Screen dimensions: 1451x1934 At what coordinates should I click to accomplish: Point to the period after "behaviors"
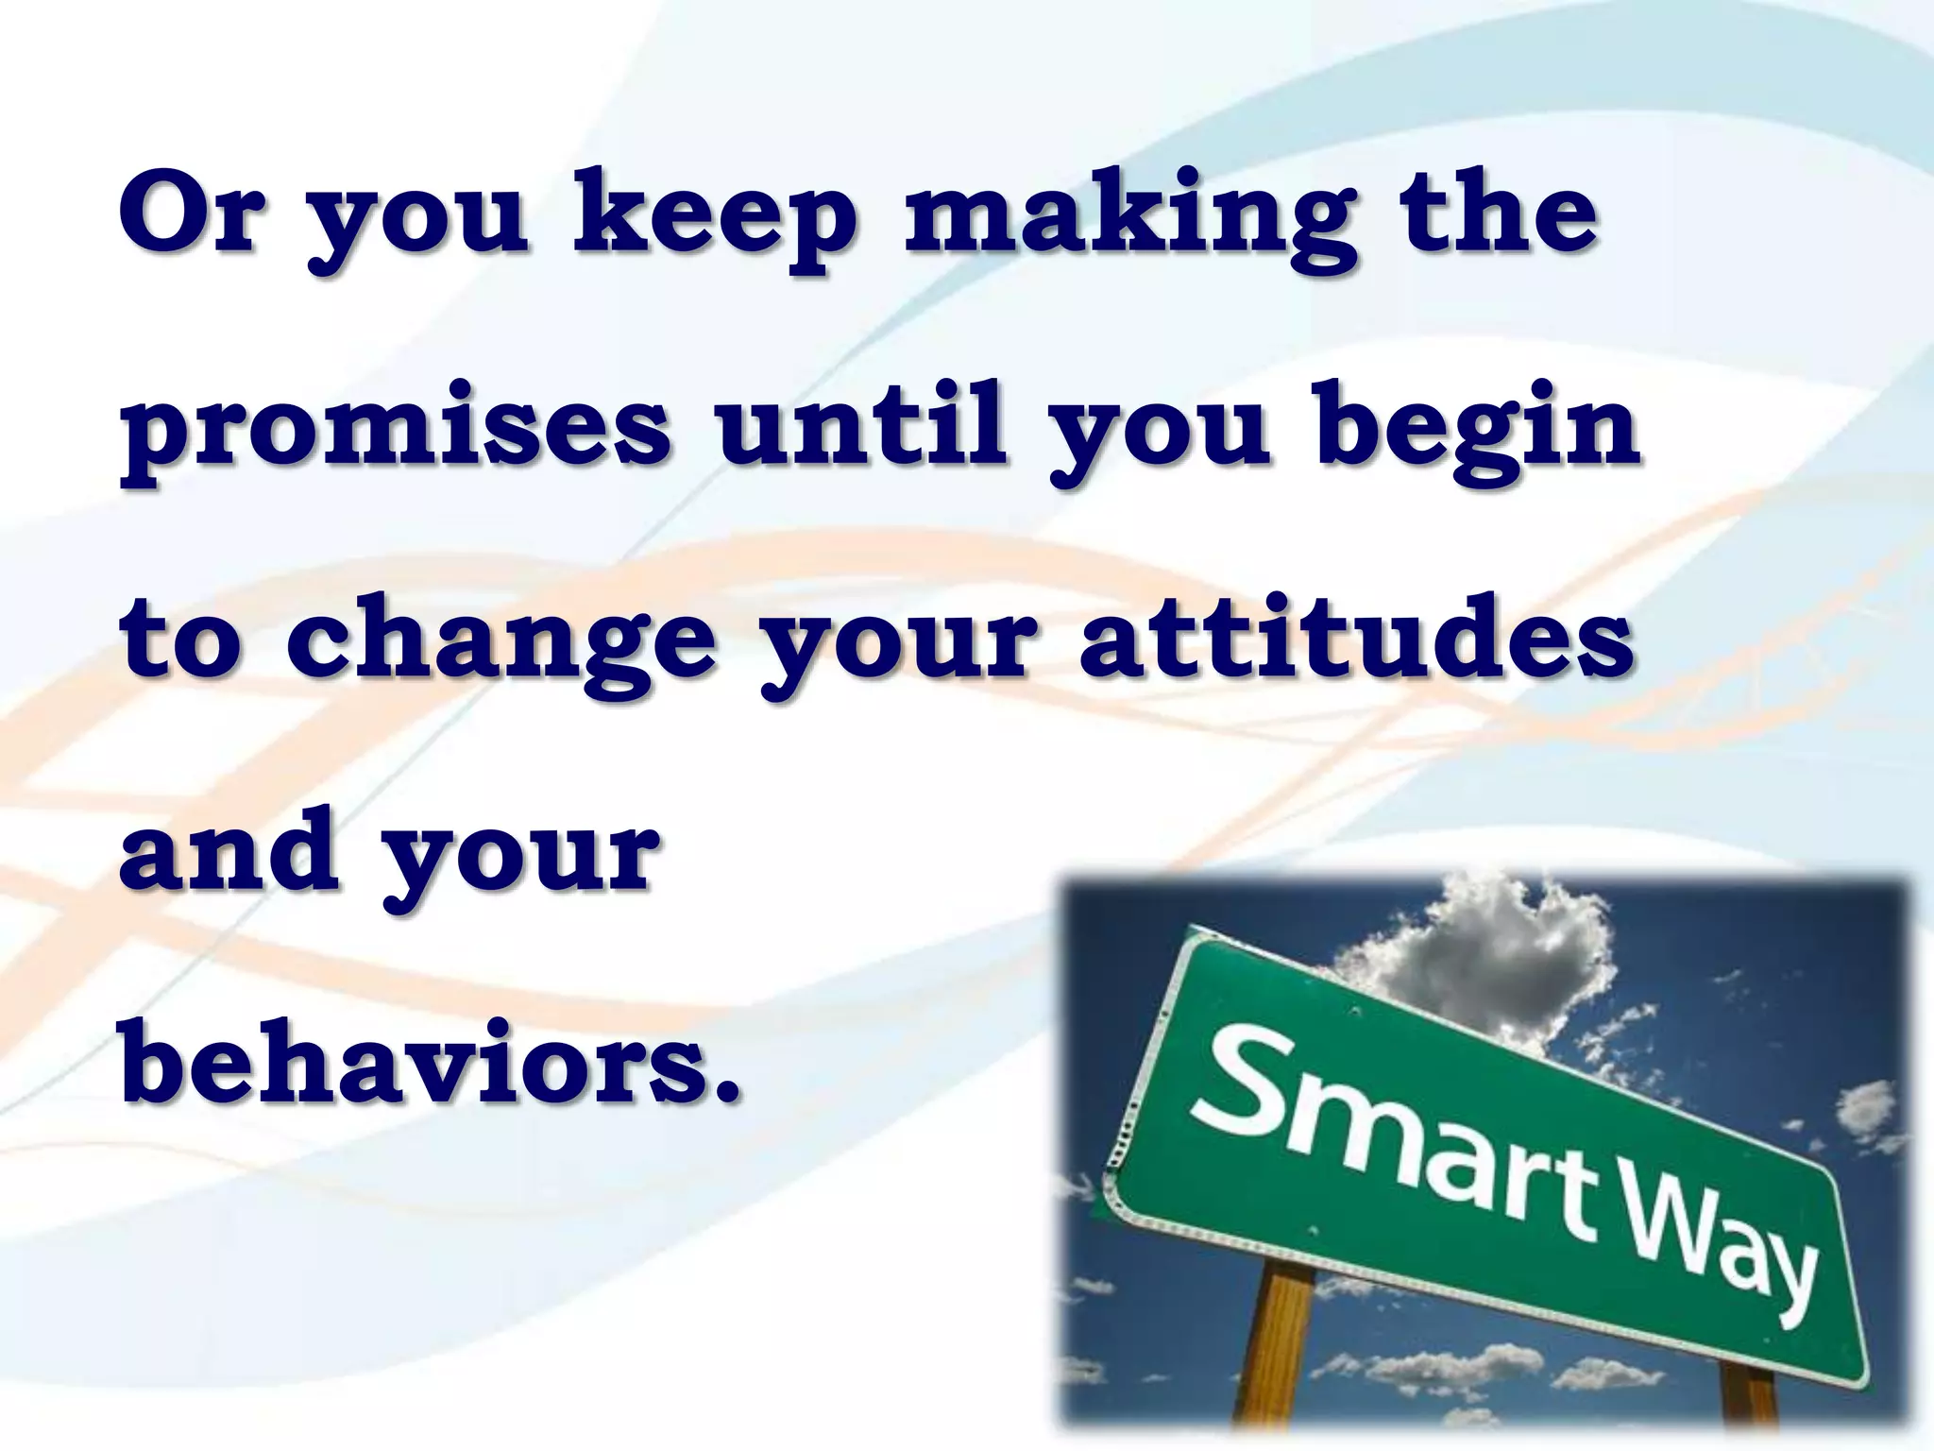click(x=724, y=1092)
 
